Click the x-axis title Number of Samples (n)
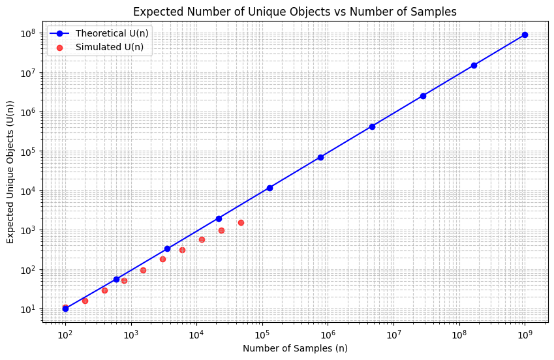click(295, 348)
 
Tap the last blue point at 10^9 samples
click(525, 35)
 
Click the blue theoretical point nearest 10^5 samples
click(269, 188)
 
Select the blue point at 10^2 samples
click(65, 308)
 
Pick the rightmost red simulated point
click(241, 222)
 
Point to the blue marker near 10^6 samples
click(320, 157)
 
